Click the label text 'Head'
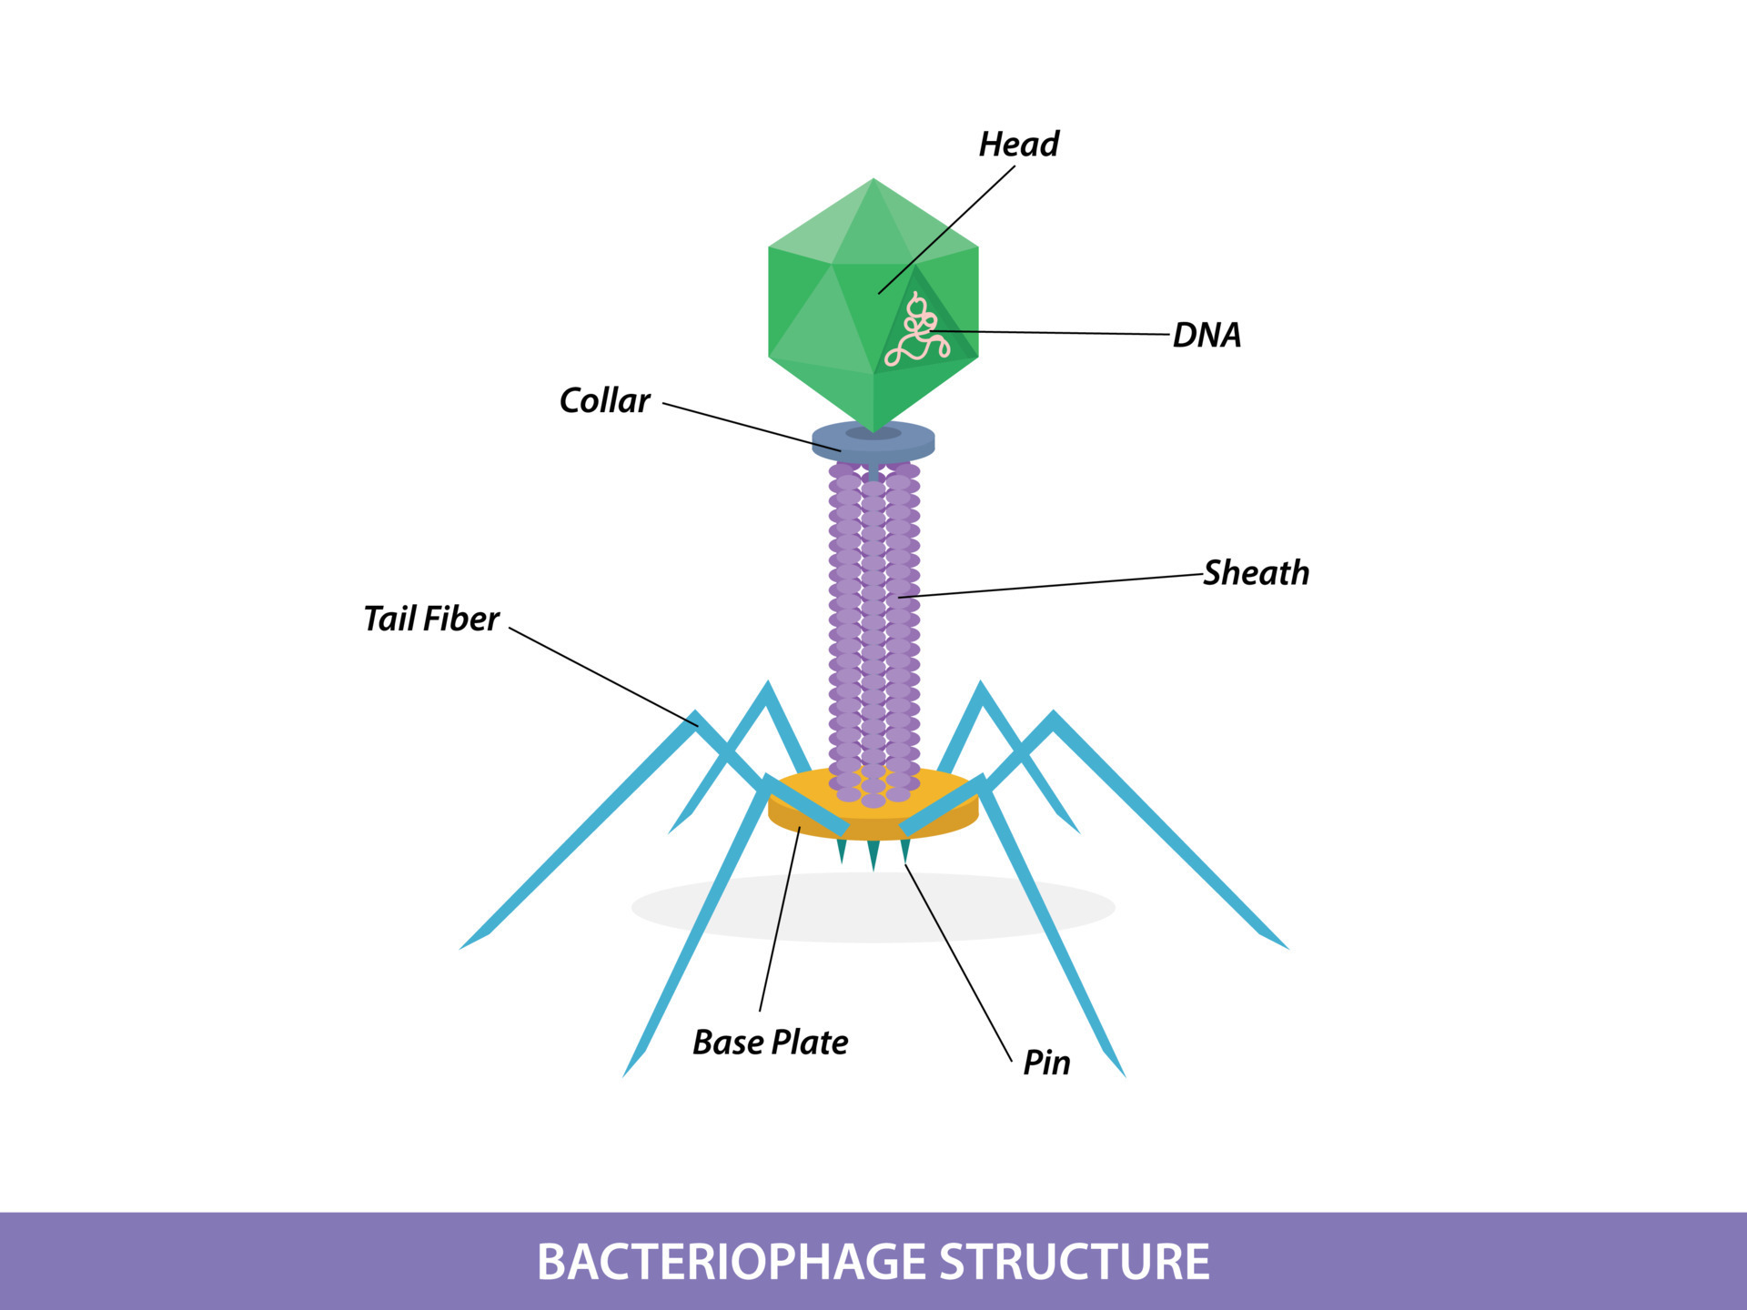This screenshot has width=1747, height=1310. point(1018,144)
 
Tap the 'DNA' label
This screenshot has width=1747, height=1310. point(1207,335)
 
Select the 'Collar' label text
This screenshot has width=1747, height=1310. point(604,400)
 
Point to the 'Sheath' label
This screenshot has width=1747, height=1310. point(1256,573)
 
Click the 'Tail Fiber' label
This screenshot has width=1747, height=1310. point(431,619)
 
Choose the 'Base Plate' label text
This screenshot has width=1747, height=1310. point(770,1042)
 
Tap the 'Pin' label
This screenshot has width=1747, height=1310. point(1046,1063)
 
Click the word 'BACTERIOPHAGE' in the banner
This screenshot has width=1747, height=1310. point(732,1262)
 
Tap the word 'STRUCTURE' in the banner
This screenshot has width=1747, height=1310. point(1074,1262)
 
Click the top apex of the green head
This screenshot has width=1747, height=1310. point(873,181)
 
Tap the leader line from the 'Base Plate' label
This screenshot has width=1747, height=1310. point(780,919)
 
